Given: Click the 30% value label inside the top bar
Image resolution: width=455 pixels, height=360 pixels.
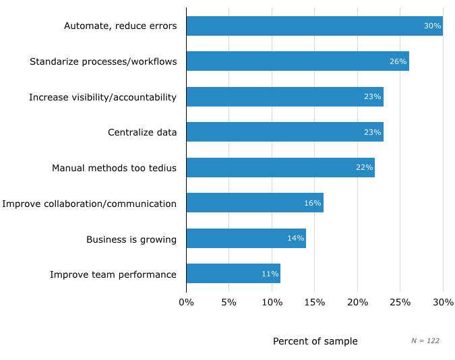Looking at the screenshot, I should [x=432, y=26].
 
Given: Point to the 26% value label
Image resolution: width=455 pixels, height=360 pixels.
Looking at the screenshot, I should [x=398, y=61].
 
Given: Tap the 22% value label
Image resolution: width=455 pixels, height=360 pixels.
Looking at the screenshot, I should [x=364, y=168].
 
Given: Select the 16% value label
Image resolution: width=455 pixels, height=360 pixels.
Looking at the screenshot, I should [x=313, y=203].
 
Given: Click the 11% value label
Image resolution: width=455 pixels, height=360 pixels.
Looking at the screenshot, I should [x=270, y=274].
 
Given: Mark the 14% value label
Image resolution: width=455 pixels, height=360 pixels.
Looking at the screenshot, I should [x=295, y=239].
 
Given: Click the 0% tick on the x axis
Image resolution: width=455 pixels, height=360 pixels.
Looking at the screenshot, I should [x=186, y=302].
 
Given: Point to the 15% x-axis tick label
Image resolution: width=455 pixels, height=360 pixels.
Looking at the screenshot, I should [x=315, y=302].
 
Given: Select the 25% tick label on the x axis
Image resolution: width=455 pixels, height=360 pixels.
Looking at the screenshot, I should [x=400, y=302].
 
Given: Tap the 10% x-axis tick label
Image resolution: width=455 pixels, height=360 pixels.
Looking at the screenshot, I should [x=272, y=302].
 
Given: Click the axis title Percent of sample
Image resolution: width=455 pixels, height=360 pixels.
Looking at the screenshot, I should [x=315, y=341].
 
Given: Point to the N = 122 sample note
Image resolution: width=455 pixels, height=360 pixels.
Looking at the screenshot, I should [x=425, y=341].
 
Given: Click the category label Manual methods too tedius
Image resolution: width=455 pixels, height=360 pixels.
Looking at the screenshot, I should [x=114, y=168].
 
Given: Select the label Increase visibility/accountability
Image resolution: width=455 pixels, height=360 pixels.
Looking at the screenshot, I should [x=102, y=97].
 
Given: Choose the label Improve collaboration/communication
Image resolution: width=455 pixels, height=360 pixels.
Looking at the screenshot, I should [x=90, y=204].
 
